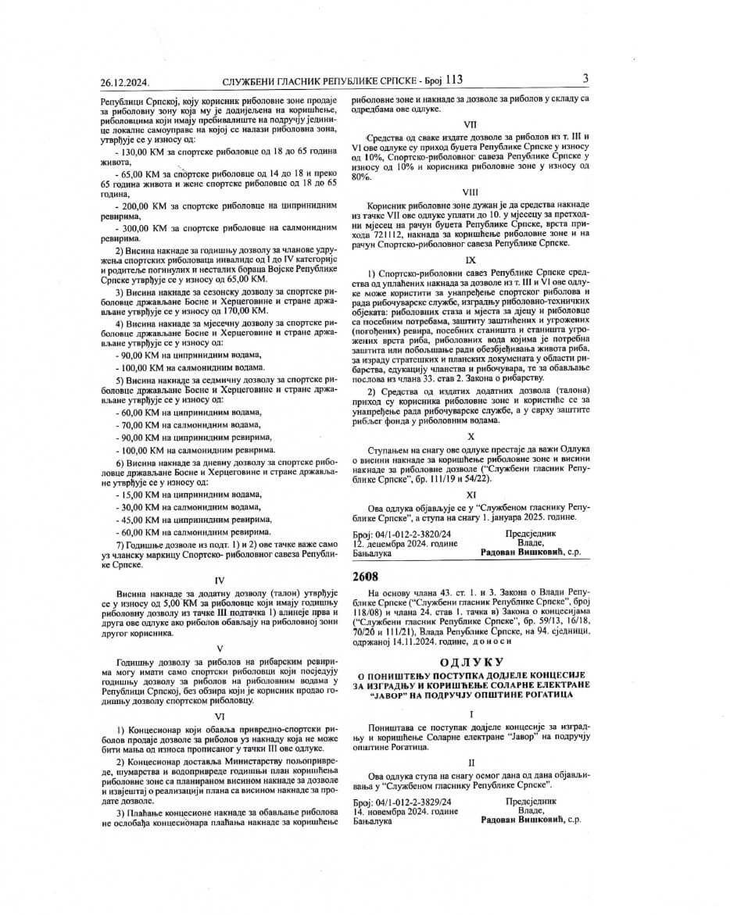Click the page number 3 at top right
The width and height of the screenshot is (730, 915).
click(585, 78)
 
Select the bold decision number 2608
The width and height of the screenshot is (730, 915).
click(365, 577)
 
